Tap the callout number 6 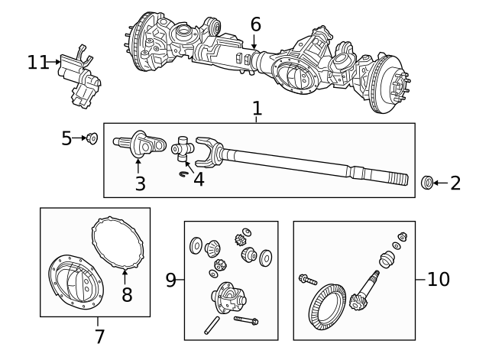point(255,24)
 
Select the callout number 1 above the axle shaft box point(257,109)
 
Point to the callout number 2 point(455,183)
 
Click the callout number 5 point(66,138)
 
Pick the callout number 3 point(139,183)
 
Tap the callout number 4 point(199,180)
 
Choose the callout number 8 point(127,294)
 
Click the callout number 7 point(99,336)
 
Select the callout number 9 point(171,280)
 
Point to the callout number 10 point(439,280)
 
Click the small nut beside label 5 point(92,138)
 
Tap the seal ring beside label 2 point(429,182)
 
